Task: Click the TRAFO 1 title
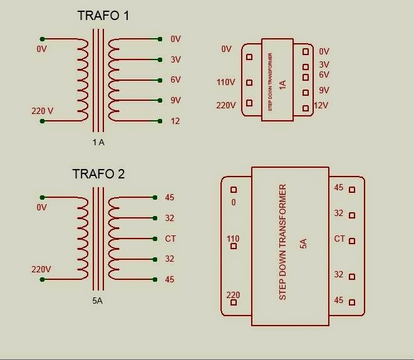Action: [103, 16]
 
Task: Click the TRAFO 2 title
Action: [98, 174]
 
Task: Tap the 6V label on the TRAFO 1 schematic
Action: [175, 80]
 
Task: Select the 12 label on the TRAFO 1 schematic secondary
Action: [175, 121]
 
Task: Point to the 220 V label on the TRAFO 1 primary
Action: [43, 111]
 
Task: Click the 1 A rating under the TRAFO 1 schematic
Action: [98, 142]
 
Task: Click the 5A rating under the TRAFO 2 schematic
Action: [98, 301]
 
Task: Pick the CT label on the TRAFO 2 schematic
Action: [170, 239]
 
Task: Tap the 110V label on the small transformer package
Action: [226, 83]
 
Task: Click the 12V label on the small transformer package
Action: [321, 105]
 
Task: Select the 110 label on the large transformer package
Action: [233, 239]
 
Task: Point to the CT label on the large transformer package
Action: [339, 239]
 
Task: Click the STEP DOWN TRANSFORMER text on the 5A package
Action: [282, 242]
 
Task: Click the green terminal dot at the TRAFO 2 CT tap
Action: [155, 239]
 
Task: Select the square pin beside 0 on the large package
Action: [234, 190]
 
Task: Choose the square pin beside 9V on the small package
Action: [306, 93]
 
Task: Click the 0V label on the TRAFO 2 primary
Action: [42, 207]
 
